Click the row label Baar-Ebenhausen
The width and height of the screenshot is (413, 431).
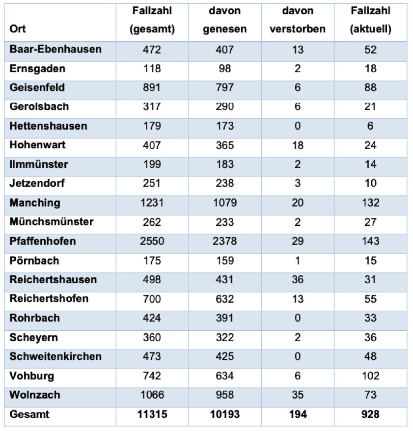55,50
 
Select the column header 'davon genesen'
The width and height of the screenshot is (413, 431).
224,20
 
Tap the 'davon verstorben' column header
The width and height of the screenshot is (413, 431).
298,20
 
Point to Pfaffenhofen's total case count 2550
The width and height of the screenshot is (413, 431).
152,242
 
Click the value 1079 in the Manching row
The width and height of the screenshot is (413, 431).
224,203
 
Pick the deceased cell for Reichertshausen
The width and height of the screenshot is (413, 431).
298,280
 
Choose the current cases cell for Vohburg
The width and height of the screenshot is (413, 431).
371,376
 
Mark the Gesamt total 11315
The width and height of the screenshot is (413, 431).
152,415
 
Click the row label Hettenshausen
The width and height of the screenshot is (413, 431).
48,126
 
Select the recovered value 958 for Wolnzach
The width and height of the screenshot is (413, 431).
224,395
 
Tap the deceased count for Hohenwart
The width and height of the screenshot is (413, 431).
298,145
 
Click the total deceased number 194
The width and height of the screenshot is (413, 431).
298,415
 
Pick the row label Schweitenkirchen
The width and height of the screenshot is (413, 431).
55,357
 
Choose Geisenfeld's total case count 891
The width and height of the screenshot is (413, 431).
152,88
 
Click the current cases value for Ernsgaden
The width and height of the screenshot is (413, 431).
371,69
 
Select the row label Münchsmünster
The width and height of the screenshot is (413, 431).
52,222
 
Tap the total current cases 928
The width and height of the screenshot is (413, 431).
371,415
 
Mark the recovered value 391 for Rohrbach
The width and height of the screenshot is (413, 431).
224,318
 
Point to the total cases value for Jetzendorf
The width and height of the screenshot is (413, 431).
152,184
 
